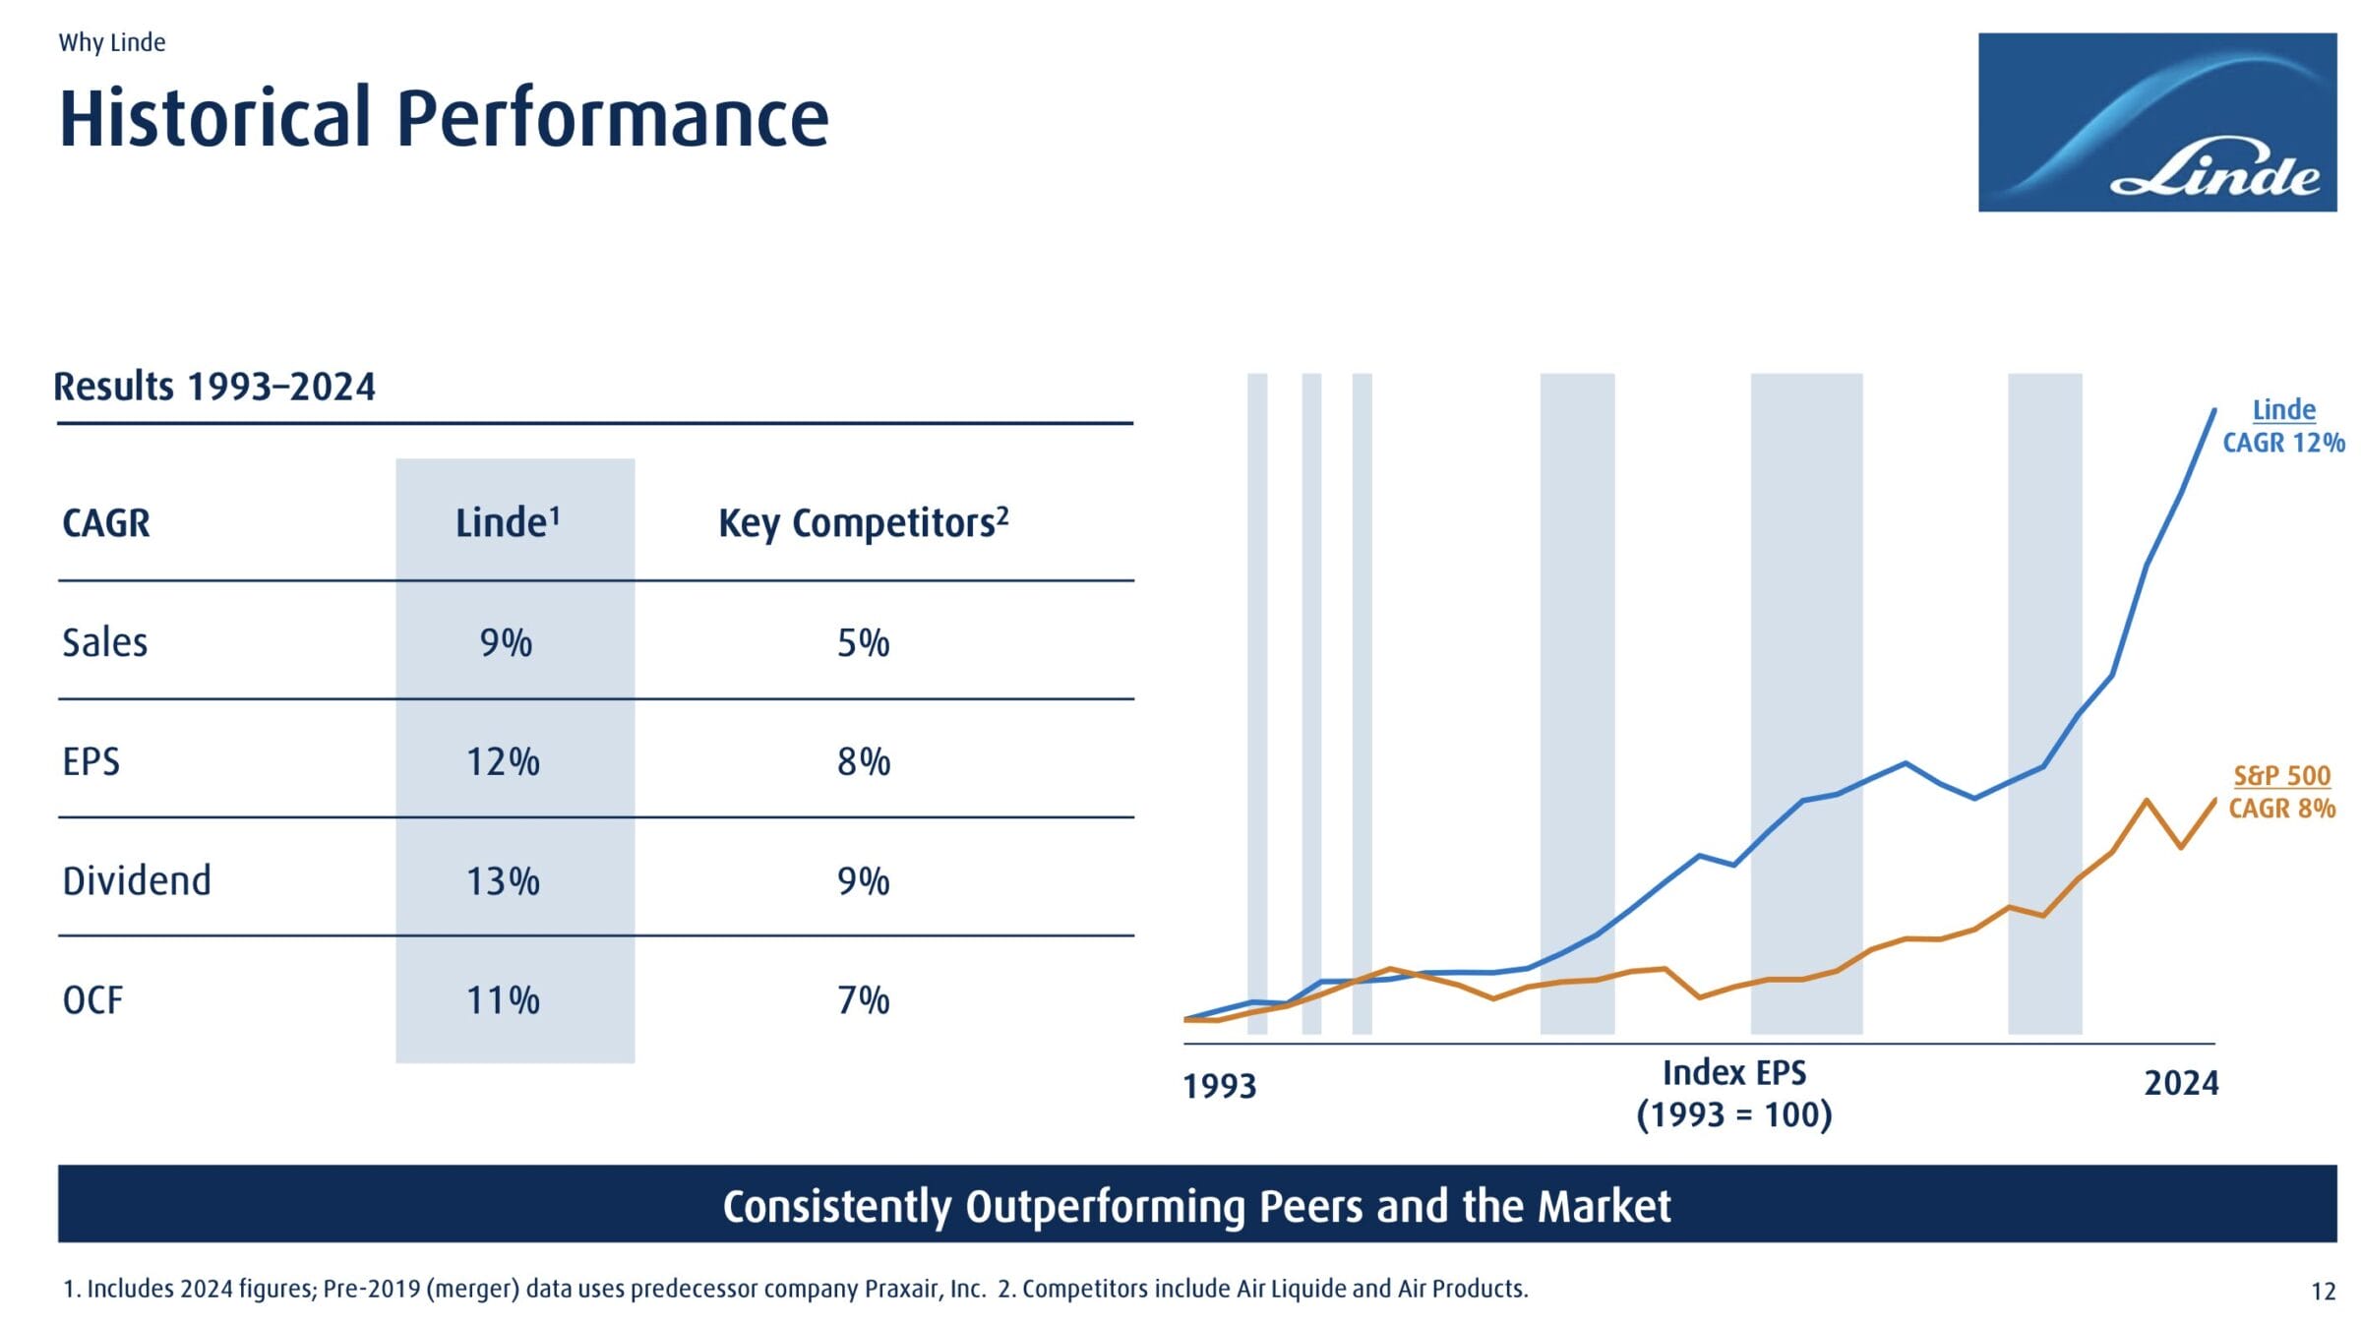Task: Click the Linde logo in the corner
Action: [2156, 122]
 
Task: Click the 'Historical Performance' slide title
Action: [444, 118]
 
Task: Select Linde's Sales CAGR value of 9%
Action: [506, 643]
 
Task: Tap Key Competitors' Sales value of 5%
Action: [863, 643]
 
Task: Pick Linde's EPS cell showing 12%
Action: [503, 762]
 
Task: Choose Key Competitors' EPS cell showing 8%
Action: [863, 762]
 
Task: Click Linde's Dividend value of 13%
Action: [503, 881]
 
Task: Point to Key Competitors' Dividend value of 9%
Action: [863, 881]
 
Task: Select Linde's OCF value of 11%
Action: [503, 1000]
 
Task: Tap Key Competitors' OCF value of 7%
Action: [863, 1000]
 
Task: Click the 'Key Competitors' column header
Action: [863, 523]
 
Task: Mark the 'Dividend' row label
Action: [137, 881]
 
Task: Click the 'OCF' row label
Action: [92, 1000]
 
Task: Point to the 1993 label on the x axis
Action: [1219, 1086]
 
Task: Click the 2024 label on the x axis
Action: [2181, 1083]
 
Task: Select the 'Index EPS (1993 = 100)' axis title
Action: [1733, 1094]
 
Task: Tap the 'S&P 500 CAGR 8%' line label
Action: [2281, 792]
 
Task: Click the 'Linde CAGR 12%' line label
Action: [2283, 426]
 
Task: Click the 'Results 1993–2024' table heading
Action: [214, 387]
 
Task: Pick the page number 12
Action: [2323, 1292]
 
